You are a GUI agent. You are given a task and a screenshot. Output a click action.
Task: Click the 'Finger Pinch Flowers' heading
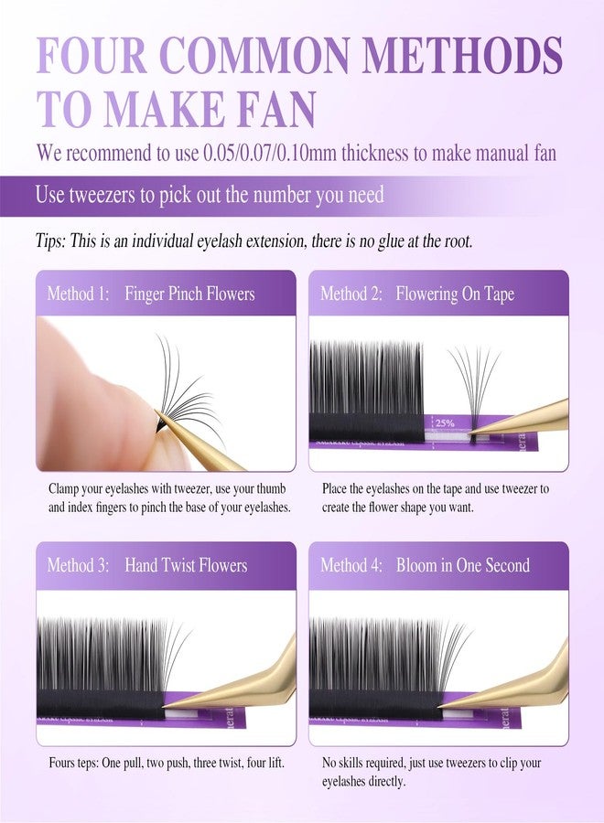[189, 294]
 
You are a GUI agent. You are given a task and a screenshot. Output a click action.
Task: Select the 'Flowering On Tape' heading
[455, 294]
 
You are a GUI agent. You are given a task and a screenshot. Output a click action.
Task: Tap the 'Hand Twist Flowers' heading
[186, 565]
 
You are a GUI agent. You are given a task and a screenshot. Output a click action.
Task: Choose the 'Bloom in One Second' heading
[463, 565]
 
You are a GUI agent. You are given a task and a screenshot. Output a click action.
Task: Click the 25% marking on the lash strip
[445, 423]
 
